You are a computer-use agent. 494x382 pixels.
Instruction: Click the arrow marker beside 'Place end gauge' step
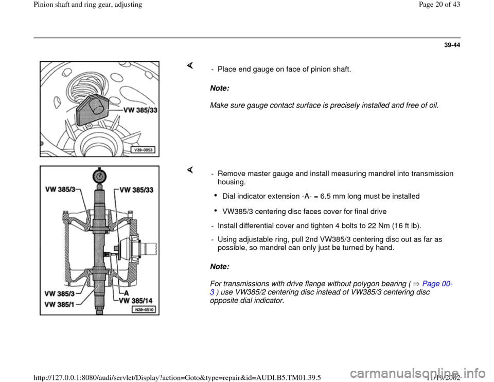click(x=189, y=65)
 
